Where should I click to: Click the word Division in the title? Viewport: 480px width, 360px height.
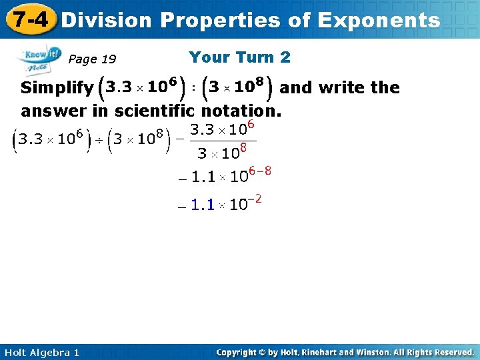(106, 20)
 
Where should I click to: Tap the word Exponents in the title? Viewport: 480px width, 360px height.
(379, 20)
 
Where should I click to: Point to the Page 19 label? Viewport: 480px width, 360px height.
(92, 59)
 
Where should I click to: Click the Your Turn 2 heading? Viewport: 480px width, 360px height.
(239, 57)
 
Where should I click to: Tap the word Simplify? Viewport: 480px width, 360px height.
(57, 88)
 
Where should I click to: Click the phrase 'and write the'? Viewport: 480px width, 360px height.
(339, 87)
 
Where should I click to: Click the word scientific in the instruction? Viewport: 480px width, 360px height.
(155, 110)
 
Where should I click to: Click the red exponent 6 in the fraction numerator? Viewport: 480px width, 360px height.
(253, 124)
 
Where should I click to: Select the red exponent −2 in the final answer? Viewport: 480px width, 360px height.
(254, 199)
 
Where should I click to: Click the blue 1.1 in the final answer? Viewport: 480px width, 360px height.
(203, 205)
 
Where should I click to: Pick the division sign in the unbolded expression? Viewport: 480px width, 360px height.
(99, 139)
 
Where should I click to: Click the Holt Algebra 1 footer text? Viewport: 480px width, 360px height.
(40, 352)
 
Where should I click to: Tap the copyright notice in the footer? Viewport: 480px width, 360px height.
(345, 352)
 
